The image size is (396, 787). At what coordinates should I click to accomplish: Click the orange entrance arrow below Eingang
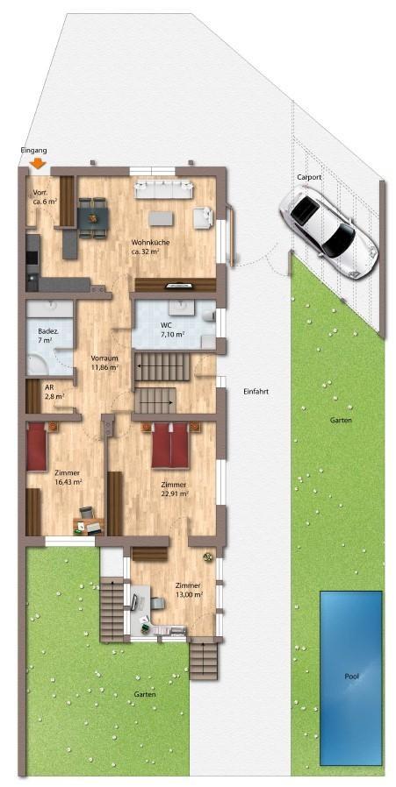pos(38,162)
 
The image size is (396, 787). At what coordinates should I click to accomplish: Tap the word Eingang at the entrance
pos(33,151)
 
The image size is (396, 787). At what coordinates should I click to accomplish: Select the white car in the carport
pos(328,224)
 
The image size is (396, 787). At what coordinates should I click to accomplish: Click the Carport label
pos(309,177)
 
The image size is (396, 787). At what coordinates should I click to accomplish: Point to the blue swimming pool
pos(350,677)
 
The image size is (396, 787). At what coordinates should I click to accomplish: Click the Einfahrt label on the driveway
pos(256,391)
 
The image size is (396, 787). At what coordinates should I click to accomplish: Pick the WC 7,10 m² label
pos(171,330)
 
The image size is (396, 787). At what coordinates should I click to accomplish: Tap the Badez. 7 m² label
pos(47,335)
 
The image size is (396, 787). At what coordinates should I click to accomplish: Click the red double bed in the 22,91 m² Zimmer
pos(170,446)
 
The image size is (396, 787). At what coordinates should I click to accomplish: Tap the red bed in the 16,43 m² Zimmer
pos(36,447)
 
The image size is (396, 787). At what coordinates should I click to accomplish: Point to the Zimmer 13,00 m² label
pos(189,590)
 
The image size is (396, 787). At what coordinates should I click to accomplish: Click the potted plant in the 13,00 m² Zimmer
pos(208,556)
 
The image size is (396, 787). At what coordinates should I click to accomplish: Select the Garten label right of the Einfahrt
pos(341,421)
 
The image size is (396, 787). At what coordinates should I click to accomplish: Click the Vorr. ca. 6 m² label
pos(45,197)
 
